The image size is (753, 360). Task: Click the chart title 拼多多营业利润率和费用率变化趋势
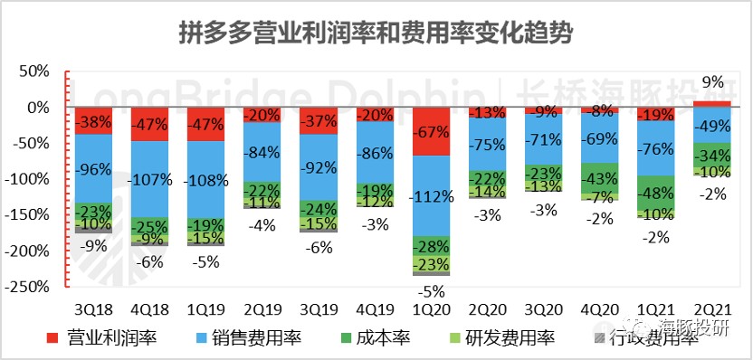tap(376, 33)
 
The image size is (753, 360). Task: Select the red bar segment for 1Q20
tap(432, 131)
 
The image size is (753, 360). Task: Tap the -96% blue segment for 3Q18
tap(94, 168)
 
